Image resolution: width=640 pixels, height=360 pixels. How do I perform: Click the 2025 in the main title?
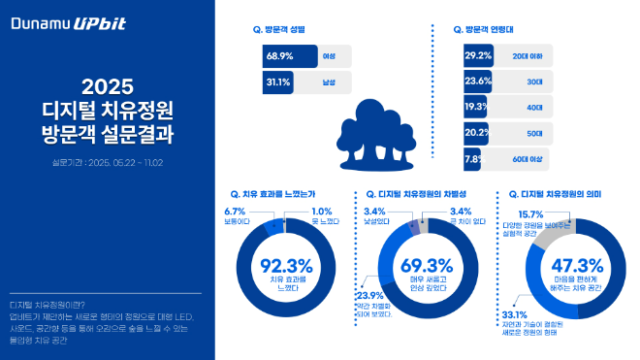coord(106,84)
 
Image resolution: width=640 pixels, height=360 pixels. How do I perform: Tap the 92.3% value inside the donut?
coord(286,264)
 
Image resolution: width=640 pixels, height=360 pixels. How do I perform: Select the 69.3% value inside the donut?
coord(427,264)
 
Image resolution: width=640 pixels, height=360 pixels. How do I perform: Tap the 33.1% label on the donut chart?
coord(514,314)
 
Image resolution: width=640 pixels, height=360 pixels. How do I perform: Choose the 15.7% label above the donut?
coord(529,214)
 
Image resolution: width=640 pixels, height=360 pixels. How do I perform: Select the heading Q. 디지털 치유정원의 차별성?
coord(418,195)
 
